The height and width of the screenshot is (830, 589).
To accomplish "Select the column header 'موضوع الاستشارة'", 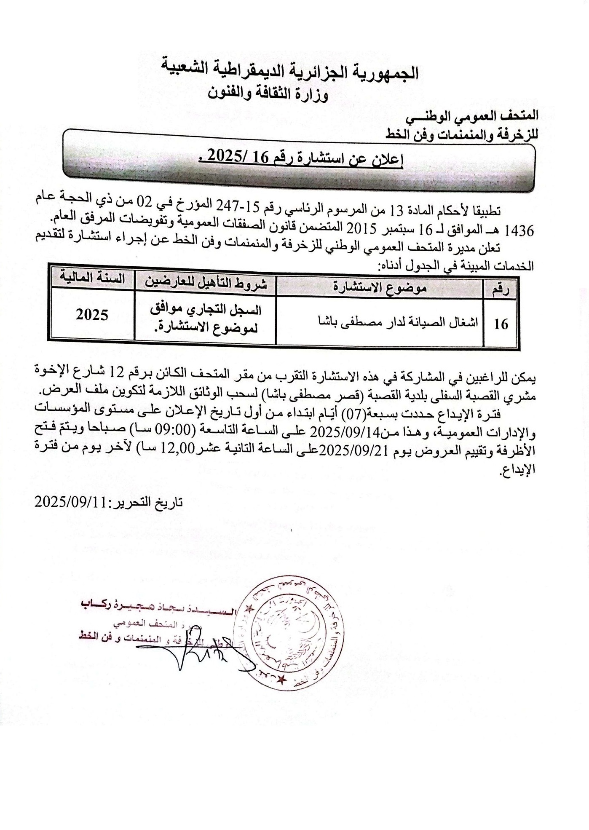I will pos(380,287).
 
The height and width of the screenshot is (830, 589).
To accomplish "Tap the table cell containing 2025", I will pos(92,315).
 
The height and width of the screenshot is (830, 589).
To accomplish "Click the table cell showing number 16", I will pos(501,324).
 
